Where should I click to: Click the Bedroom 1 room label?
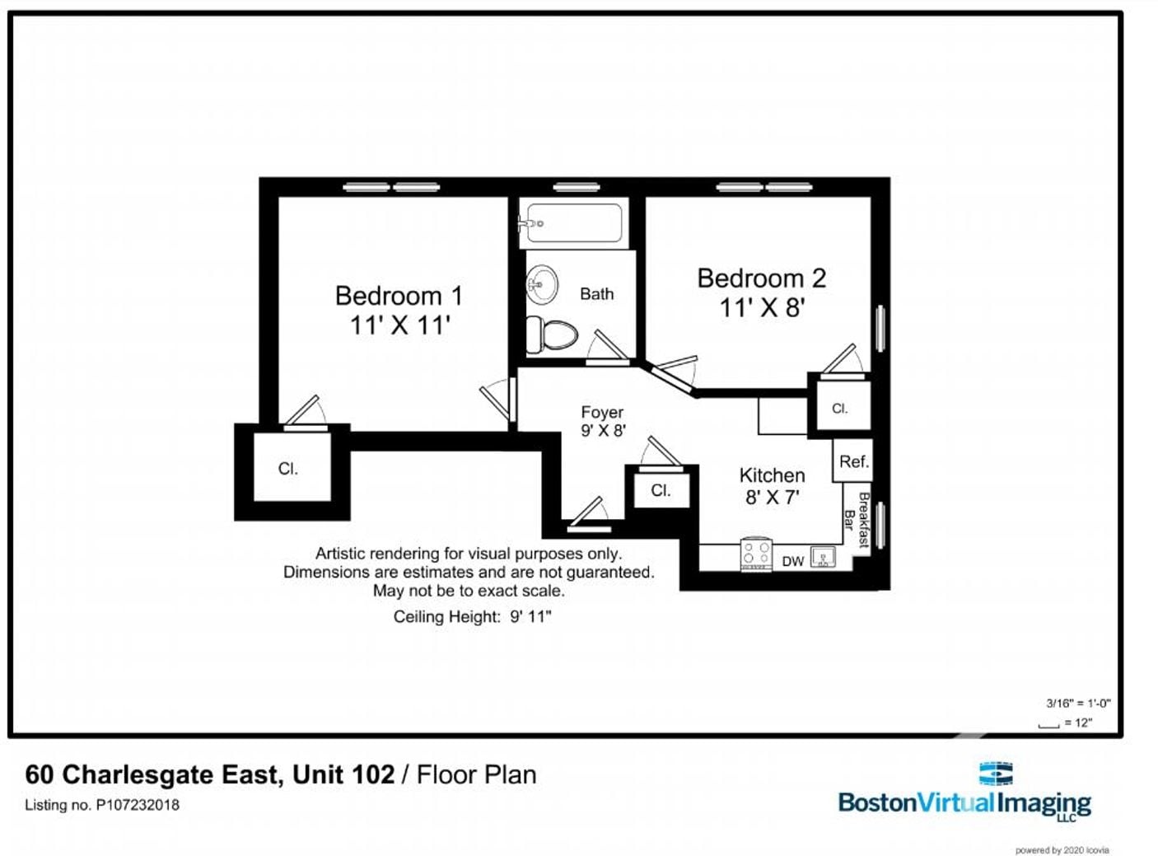coord(399,296)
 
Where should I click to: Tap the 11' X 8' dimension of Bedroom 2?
coord(762,307)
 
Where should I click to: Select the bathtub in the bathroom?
coord(574,223)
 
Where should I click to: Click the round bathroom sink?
coord(542,285)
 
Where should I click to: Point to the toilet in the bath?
coord(551,334)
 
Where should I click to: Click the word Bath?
coord(597,294)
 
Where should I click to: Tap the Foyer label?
coord(602,412)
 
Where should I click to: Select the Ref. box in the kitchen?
coord(852,461)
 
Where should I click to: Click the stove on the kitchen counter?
coord(756,554)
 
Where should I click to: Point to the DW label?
coord(792,561)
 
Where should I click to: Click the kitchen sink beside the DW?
coord(823,556)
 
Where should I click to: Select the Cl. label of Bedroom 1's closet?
coord(287,469)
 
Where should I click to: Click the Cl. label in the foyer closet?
coord(661,490)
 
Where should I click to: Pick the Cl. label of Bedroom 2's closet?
coord(839,409)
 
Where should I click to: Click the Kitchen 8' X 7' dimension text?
coord(773,497)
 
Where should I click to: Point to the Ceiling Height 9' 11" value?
coord(530,617)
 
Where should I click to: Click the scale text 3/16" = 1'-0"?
coord(1078,704)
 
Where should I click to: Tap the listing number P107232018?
coord(138,805)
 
